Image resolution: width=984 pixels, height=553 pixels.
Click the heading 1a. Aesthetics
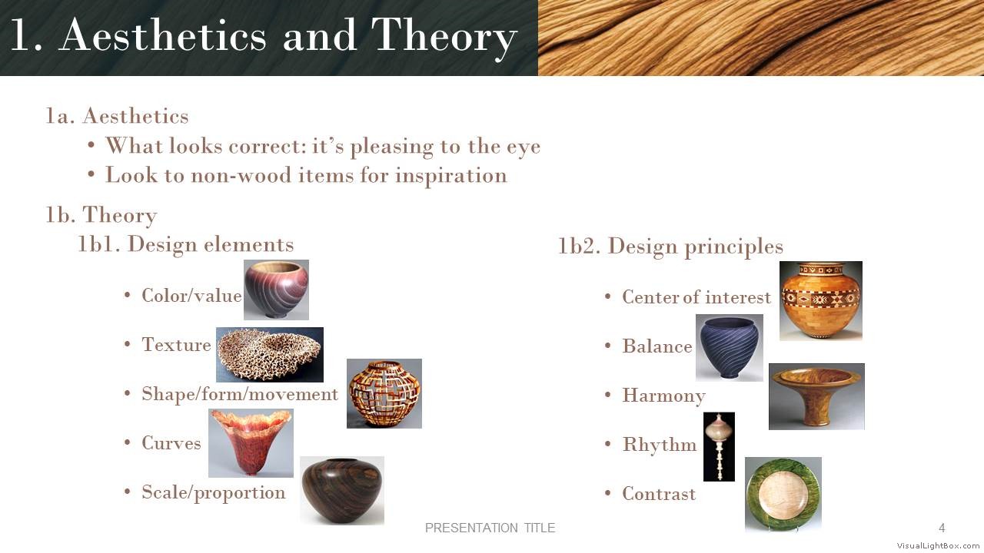point(118,116)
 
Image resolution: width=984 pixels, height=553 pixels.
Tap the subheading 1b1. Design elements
point(186,245)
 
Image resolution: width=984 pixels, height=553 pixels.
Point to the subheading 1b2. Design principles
point(671,247)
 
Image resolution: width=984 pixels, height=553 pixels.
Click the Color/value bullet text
point(191,296)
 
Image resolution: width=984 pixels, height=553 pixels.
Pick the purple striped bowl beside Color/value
point(276,290)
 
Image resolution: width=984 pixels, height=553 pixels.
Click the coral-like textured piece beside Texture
point(270,355)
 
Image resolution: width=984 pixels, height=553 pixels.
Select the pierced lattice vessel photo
point(384,394)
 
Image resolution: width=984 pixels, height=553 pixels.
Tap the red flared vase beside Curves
point(251,443)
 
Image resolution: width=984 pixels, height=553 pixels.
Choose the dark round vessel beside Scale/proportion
point(342,491)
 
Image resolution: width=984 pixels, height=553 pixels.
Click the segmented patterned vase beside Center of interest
point(821,301)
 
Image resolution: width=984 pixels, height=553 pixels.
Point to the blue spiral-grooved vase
point(730,348)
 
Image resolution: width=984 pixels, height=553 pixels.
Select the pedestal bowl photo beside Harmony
point(816,397)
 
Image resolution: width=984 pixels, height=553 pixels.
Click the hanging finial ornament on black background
point(719,447)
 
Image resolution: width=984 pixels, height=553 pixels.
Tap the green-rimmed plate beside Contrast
point(783,495)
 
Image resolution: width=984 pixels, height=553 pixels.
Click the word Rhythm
point(660,445)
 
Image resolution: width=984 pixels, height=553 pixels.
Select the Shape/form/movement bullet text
point(240,394)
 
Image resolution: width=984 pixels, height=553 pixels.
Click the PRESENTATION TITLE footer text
point(490,528)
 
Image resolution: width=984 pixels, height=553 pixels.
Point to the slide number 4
point(942,528)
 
